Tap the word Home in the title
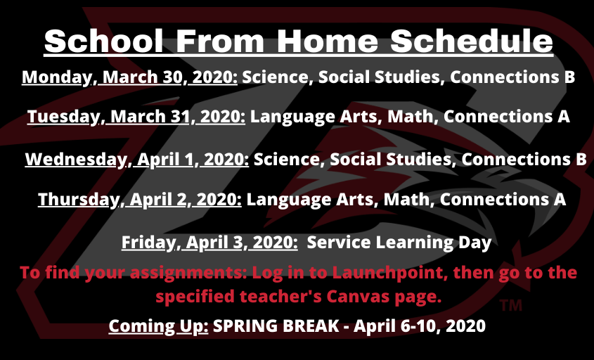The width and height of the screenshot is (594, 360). (x=328, y=41)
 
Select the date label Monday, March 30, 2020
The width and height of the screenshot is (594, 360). (x=129, y=77)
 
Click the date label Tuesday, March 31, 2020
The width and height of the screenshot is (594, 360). (x=136, y=117)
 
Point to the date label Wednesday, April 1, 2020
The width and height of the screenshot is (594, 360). (x=137, y=160)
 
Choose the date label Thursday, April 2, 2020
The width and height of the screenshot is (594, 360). (x=140, y=200)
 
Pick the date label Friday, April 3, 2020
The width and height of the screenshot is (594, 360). (x=209, y=243)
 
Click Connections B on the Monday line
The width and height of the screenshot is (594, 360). (x=512, y=77)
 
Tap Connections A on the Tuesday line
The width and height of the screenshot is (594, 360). (x=507, y=116)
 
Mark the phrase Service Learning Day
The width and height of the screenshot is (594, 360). (x=399, y=243)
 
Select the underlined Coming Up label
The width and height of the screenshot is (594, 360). (x=158, y=326)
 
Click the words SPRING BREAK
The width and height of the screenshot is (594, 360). (x=276, y=326)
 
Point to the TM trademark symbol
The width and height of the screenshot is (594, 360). (x=510, y=305)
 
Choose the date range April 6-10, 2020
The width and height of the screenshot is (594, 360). (x=420, y=326)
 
